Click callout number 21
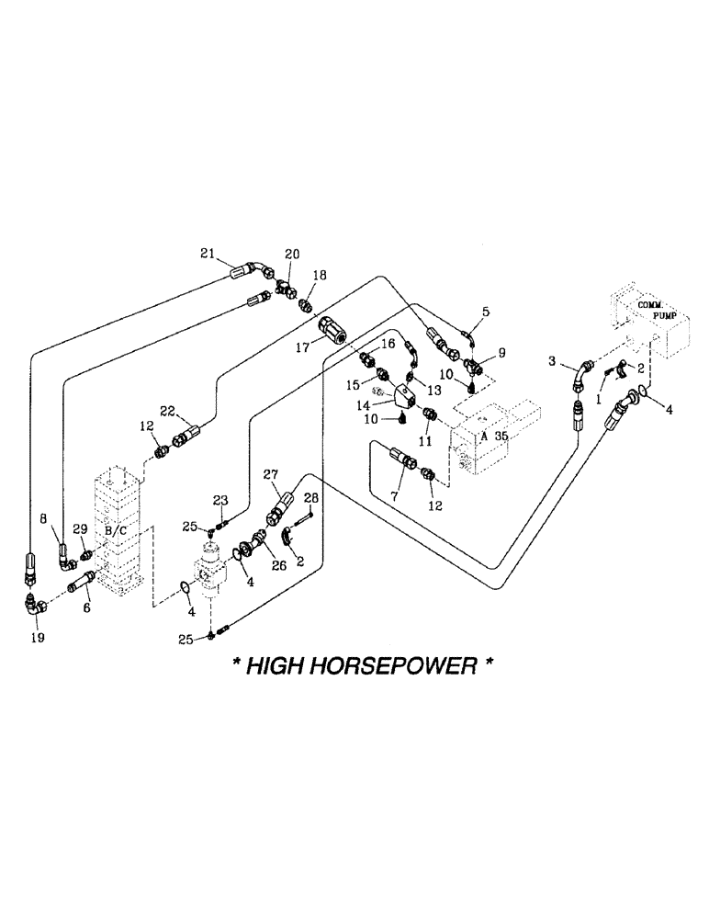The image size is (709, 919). coord(207,253)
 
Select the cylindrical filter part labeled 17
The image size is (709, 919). coord(332,330)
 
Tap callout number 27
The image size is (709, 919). coord(270,474)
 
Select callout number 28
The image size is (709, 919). coord(310,497)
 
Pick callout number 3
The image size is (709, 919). coord(555,363)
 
